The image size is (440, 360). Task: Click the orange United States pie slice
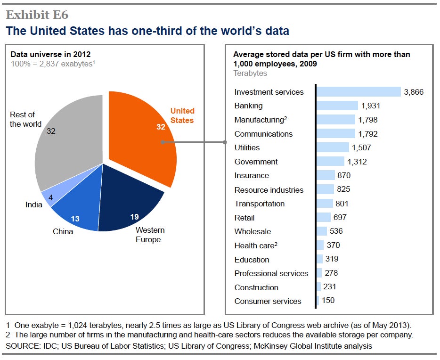point(141,141)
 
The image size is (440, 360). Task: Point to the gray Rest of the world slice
point(71,141)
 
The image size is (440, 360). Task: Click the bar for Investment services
point(359,92)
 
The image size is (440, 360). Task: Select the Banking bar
point(337,106)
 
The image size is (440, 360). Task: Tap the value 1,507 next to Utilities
point(361,147)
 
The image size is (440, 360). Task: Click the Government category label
point(256,162)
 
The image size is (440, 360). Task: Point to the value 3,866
point(414,92)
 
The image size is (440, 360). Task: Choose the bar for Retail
point(324,217)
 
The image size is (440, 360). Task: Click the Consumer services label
point(268,301)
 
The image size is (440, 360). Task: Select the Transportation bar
point(325,204)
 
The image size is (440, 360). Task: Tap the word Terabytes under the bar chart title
point(250,74)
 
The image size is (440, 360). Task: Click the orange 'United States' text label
point(182,115)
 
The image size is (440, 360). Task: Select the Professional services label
point(271,273)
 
